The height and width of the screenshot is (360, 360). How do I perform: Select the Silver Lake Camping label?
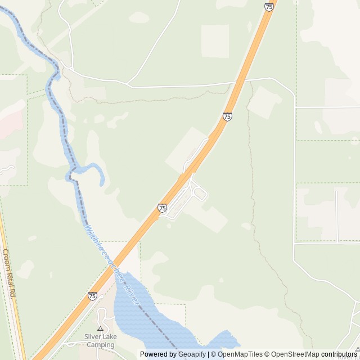click(x=100, y=340)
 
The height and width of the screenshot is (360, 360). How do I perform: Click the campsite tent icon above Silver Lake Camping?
click(x=101, y=328)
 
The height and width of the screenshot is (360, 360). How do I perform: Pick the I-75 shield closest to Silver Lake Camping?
click(x=92, y=296)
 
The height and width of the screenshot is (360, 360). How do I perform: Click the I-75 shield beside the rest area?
click(x=163, y=208)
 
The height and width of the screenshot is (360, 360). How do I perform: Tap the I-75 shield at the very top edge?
click(x=269, y=7)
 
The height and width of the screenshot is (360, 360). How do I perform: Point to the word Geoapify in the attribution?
click(x=192, y=354)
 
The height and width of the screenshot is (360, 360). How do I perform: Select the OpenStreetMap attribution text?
click(x=295, y=354)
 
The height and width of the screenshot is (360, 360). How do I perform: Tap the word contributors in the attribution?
click(x=339, y=354)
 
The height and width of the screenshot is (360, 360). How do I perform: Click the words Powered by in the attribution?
click(x=158, y=354)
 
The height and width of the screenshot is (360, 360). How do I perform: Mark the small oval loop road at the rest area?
click(x=200, y=195)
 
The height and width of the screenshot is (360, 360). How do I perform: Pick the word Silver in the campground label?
click(x=93, y=336)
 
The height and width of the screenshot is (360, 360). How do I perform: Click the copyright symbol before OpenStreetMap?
click(x=267, y=354)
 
